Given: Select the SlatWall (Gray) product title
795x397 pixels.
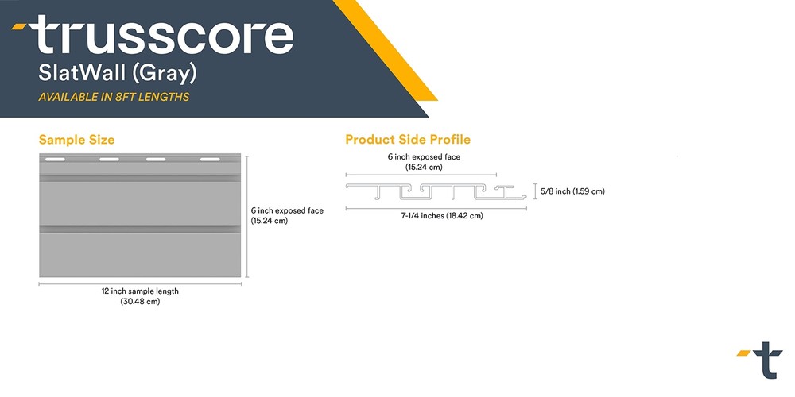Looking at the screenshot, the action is pyautogui.click(x=117, y=74).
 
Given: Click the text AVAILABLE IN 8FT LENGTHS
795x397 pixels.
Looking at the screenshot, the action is pyautogui.click(x=114, y=97).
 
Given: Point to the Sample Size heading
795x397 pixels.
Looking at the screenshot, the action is pyautogui.click(x=76, y=139).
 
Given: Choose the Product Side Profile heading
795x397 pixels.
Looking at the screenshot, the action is pyautogui.click(x=408, y=139).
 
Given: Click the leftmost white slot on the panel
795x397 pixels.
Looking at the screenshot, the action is pyautogui.click(x=56, y=160).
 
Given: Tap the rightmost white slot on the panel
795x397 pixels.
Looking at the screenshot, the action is pyautogui.click(x=210, y=160).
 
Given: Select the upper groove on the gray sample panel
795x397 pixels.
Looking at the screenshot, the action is pyautogui.click(x=140, y=178).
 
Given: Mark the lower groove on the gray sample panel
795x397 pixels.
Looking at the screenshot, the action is pyautogui.click(x=140, y=229).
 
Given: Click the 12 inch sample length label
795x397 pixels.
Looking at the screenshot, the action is pyautogui.click(x=140, y=291).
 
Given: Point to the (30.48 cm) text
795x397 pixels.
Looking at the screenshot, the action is pyautogui.click(x=140, y=301).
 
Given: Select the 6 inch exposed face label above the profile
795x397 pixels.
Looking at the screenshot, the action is pyautogui.click(x=424, y=157).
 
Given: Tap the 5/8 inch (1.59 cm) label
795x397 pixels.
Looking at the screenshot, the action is pyautogui.click(x=572, y=191).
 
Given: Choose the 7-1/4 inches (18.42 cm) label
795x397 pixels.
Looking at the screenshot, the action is pyautogui.click(x=441, y=216).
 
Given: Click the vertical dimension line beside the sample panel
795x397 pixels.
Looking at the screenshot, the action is pyautogui.click(x=247, y=217).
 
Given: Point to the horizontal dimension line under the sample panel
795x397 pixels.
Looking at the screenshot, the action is pyautogui.click(x=140, y=284).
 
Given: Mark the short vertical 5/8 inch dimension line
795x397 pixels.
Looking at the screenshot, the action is pyautogui.click(x=535, y=191).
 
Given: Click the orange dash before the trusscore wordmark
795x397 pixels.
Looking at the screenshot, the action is pyautogui.click(x=19, y=26).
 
